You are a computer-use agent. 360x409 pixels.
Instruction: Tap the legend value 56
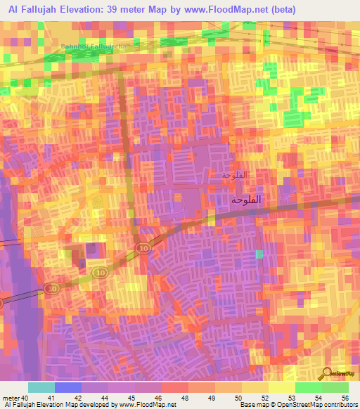click(345, 397)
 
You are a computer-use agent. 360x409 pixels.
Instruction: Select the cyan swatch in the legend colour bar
click(41, 387)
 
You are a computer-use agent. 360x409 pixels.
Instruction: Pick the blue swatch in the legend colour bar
click(68, 387)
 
